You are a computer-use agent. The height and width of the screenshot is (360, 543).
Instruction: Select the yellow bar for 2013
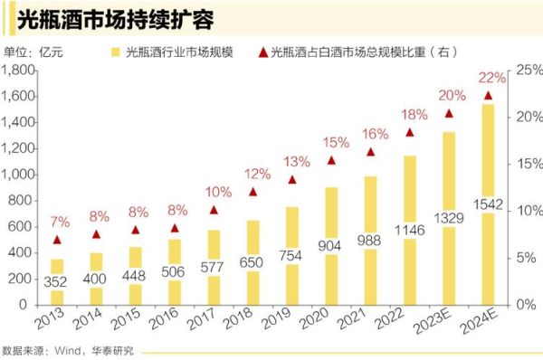pos(57,282)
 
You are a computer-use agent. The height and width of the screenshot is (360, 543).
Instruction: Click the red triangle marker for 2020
pos(331,160)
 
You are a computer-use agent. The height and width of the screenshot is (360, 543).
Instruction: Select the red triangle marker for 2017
pos(214,210)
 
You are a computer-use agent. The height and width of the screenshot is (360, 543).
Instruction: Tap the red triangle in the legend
pos(262,52)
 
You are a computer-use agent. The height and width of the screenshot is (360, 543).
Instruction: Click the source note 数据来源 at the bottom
pos(67,350)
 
